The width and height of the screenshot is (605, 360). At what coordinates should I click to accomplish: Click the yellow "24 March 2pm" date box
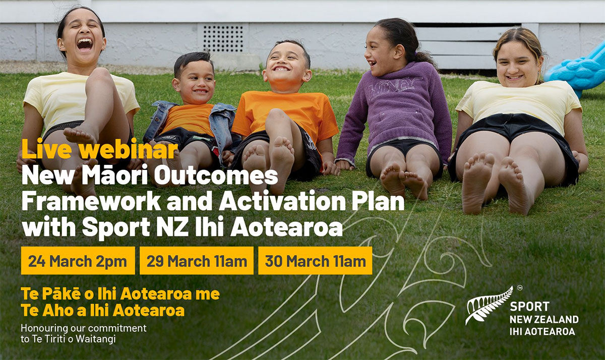click(x=78, y=261)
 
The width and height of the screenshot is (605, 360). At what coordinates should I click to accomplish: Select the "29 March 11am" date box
click(x=197, y=261)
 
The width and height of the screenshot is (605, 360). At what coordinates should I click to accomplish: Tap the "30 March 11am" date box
click(x=315, y=261)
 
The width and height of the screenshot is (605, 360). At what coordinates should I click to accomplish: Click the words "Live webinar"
click(x=100, y=149)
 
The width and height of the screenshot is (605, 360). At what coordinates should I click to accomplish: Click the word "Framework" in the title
click(x=91, y=201)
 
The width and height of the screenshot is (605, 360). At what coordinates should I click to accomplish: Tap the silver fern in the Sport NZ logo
click(x=489, y=305)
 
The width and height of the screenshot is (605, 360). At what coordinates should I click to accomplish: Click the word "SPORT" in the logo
click(x=529, y=307)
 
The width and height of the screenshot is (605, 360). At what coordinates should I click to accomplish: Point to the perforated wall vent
click(x=223, y=38)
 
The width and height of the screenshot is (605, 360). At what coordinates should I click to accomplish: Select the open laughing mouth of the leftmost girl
click(x=85, y=44)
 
